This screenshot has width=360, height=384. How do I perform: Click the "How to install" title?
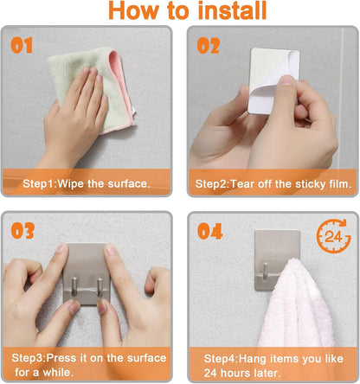(188, 10)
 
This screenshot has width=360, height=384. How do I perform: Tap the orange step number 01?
(22, 46)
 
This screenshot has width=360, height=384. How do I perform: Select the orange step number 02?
(209, 46)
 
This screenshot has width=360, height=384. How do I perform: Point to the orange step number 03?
(22, 231)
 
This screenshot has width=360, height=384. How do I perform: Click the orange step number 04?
(210, 231)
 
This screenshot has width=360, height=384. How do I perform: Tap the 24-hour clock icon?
(334, 236)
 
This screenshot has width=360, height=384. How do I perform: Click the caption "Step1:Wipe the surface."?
(87, 183)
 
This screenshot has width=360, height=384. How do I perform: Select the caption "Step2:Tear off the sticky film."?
(273, 184)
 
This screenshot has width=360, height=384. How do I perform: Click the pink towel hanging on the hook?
(296, 303)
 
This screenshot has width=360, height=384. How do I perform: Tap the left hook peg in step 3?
(74, 286)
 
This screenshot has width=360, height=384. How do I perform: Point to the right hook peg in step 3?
(100, 287)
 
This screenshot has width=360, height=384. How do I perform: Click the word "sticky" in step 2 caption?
(312, 184)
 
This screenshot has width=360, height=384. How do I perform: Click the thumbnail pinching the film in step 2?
(287, 80)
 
